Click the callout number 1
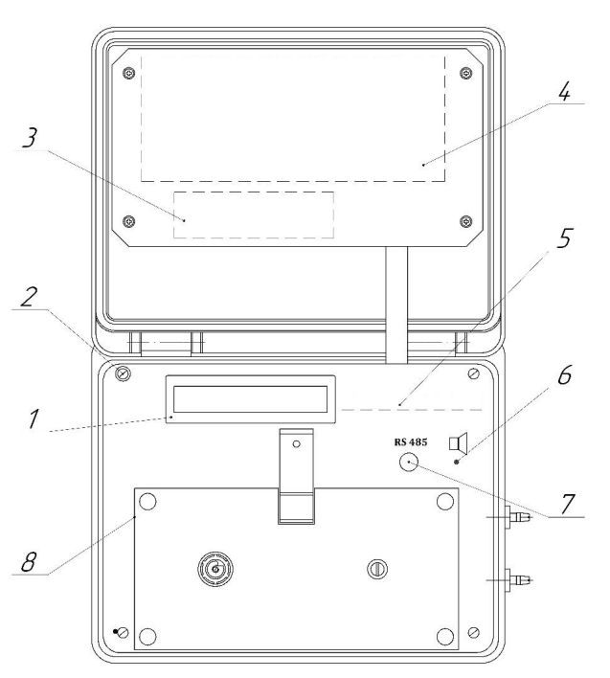[x=34, y=418]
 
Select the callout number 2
[x=29, y=297]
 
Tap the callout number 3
[x=30, y=138]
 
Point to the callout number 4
[x=564, y=91]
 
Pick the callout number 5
[x=564, y=237]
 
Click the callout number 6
[x=565, y=374]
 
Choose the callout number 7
[x=568, y=504]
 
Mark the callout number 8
[x=29, y=562]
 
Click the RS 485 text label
[x=410, y=441]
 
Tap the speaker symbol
[x=459, y=443]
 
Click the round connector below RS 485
[x=409, y=463]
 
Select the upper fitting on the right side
[x=516, y=517]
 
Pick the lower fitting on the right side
[x=516, y=579]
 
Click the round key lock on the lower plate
[x=215, y=569]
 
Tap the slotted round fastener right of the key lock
[x=377, y=569]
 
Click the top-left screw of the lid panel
[x=129, y=73]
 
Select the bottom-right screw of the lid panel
[x=465, y=221]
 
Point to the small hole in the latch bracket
[x=296, y=443]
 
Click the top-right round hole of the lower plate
[x=445, y=502]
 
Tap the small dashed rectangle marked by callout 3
[x=254, y=215]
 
